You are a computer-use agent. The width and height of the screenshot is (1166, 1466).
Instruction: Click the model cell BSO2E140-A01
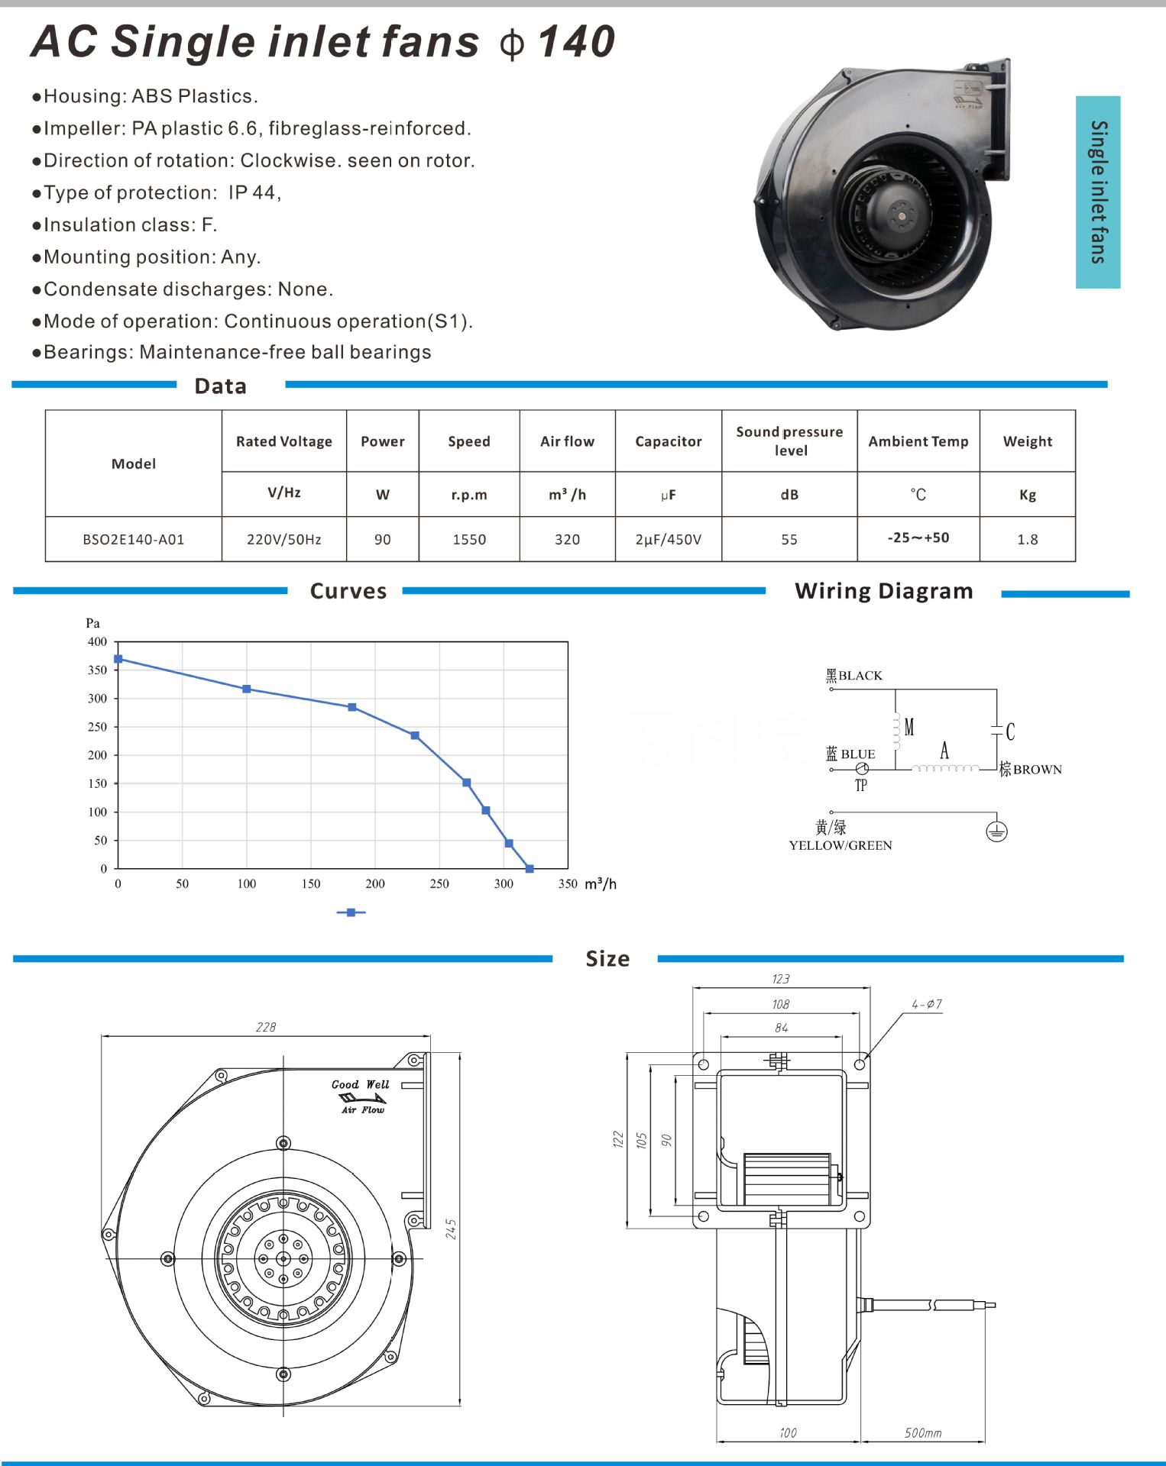coord(134,540)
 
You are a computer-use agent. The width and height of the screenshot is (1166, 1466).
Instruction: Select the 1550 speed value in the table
coord(469,540)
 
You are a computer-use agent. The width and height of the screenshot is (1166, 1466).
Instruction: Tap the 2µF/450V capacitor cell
coord(668,540)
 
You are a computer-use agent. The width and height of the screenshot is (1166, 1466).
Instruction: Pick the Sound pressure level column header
coord(789,441)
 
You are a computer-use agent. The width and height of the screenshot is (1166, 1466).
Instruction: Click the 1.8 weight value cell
coord(1027,540)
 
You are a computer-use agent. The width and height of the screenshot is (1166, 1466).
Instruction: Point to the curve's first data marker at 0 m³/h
coord(118,659)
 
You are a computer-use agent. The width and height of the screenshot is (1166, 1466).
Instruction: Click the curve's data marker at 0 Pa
coord(530,869)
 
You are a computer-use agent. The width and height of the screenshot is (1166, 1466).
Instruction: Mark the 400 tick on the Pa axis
coord(97,642)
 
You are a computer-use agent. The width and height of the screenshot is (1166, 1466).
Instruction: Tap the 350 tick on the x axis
coord(568,884)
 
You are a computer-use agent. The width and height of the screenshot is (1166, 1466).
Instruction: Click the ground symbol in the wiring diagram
coord(996,831)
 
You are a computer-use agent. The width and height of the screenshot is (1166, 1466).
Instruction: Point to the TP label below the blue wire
coord(861,786)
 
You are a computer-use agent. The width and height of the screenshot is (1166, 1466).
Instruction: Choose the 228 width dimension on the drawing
coord(266,1028)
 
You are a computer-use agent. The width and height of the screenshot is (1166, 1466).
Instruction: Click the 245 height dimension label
coord(451,1229)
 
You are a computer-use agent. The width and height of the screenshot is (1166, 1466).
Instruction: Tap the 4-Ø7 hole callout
coord(926,1005)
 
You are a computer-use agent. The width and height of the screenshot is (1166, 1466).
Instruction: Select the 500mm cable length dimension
coord(923,1433)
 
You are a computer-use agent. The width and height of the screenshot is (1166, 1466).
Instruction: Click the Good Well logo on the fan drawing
coord(361,1095)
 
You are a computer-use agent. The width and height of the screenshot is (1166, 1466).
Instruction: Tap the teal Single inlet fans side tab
coord(1097,192)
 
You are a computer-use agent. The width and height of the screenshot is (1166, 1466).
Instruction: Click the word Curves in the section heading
coord(348,591)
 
